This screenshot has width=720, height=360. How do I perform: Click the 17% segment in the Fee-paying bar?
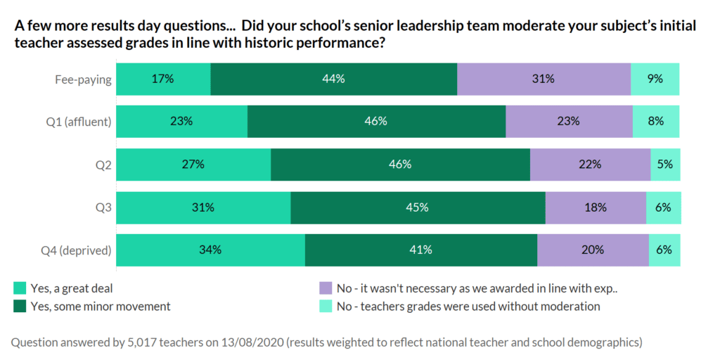(x=163, y=79)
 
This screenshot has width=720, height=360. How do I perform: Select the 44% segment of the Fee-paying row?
(x=334, y=79)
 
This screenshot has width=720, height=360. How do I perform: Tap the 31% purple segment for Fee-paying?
(x=544, y=79)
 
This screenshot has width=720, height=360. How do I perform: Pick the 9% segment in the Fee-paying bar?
(x=655, y=79)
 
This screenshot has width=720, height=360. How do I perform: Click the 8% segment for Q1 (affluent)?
(x=656, y=121)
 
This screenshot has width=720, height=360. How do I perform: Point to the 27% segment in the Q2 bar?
(x=193, y=165)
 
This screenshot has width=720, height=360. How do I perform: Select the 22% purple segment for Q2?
(x=590, y=165)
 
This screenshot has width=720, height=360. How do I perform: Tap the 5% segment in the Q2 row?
(x=665, y=165)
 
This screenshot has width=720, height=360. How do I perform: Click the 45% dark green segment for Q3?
(x=418, y=207)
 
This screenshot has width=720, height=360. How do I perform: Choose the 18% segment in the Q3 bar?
(x=596, y=207)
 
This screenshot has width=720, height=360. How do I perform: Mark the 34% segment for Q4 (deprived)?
(x=210, y=250)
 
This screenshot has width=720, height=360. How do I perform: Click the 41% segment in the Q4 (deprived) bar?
(x=421, y=250)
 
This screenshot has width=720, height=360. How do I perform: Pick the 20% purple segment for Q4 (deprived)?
(x=593, y=250)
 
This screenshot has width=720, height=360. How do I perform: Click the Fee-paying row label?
(x=83, y=79)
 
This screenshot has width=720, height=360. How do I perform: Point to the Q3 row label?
(x=103, y=207)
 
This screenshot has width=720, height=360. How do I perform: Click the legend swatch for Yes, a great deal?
(x=20, y=288)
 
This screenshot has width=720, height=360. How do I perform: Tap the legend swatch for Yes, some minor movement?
(x=20, y=306)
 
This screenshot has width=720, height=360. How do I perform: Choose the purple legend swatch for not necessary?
(x=325, y=288)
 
